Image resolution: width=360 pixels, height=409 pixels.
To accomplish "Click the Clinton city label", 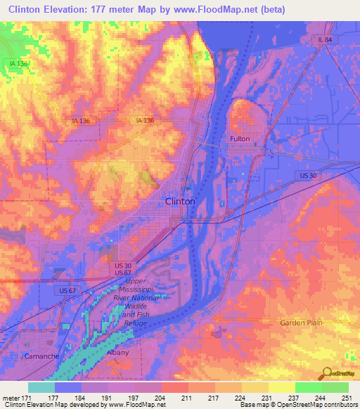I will [179, 201].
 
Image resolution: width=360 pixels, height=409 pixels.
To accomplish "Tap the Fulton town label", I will [240, 139].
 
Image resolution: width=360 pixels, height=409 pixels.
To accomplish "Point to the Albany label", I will [118, 353].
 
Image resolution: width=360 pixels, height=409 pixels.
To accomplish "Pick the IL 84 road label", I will [323, 40].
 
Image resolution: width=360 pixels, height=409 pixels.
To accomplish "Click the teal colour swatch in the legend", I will [41, 387].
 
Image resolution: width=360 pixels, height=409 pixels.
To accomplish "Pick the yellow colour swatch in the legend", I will [281, 387].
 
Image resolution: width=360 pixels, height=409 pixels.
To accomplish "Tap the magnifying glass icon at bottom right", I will [326, 372].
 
